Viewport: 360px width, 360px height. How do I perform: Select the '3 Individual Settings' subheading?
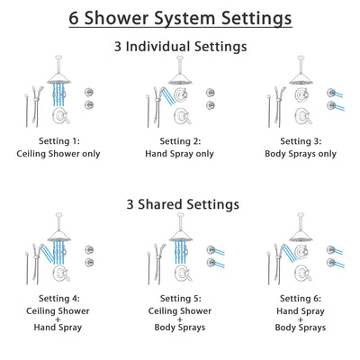pyautogui.click(x=180, y=45)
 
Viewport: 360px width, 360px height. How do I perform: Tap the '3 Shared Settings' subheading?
pyautogui.click(x=180, y=204)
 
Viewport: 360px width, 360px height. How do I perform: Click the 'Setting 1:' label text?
pyautogui.click(x=60, y=141)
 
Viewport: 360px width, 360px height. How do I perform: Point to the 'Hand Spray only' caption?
pyautogui.click(x=180, y=153)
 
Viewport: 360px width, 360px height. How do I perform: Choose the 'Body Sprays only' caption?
pyautogui.click(x=300, y=153)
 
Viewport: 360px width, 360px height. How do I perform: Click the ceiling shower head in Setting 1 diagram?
pyautogui.click(x=60, y=77)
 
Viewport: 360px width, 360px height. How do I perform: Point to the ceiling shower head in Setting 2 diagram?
pyautogui.click(x=180, y=77)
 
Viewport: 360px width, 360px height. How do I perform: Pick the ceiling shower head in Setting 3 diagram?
pyautogui.click(x=300, y=77)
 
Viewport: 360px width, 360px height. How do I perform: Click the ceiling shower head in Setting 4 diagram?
pyautogui.click(x=60, y=236)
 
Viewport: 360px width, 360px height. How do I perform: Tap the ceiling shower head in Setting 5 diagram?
pyautogui.click(x=180, y=236)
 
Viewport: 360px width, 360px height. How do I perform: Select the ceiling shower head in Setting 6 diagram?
pyautogui.click(x=300, y=236)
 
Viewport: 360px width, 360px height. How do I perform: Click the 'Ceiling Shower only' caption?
pyautogui.click(x=60, y=153)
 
